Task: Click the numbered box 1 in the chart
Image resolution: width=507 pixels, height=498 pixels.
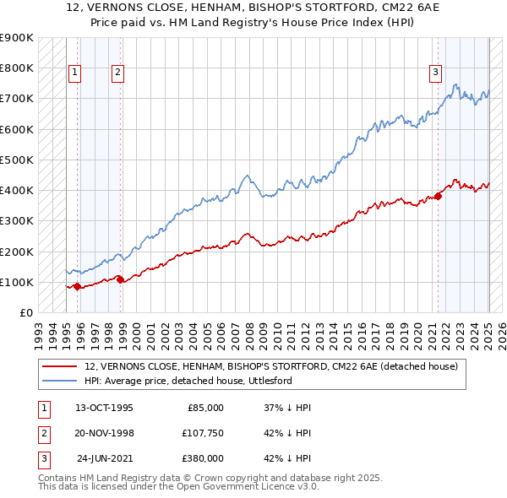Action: pos(75,73)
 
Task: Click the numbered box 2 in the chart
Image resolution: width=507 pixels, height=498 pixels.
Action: pos(117,73)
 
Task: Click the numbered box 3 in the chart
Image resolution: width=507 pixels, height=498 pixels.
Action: pos(435,73)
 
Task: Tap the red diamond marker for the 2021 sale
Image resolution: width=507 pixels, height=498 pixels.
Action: pos(439,197)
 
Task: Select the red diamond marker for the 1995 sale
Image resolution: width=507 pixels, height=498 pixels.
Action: pos(78,286)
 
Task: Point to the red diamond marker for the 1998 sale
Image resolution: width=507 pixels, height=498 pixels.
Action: pos(121,279)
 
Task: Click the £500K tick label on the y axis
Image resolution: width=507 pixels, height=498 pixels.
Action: pos(17,160)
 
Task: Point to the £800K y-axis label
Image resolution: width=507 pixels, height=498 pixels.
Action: pos(17,68)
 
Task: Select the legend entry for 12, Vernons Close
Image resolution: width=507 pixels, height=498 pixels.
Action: pos(270,366)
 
